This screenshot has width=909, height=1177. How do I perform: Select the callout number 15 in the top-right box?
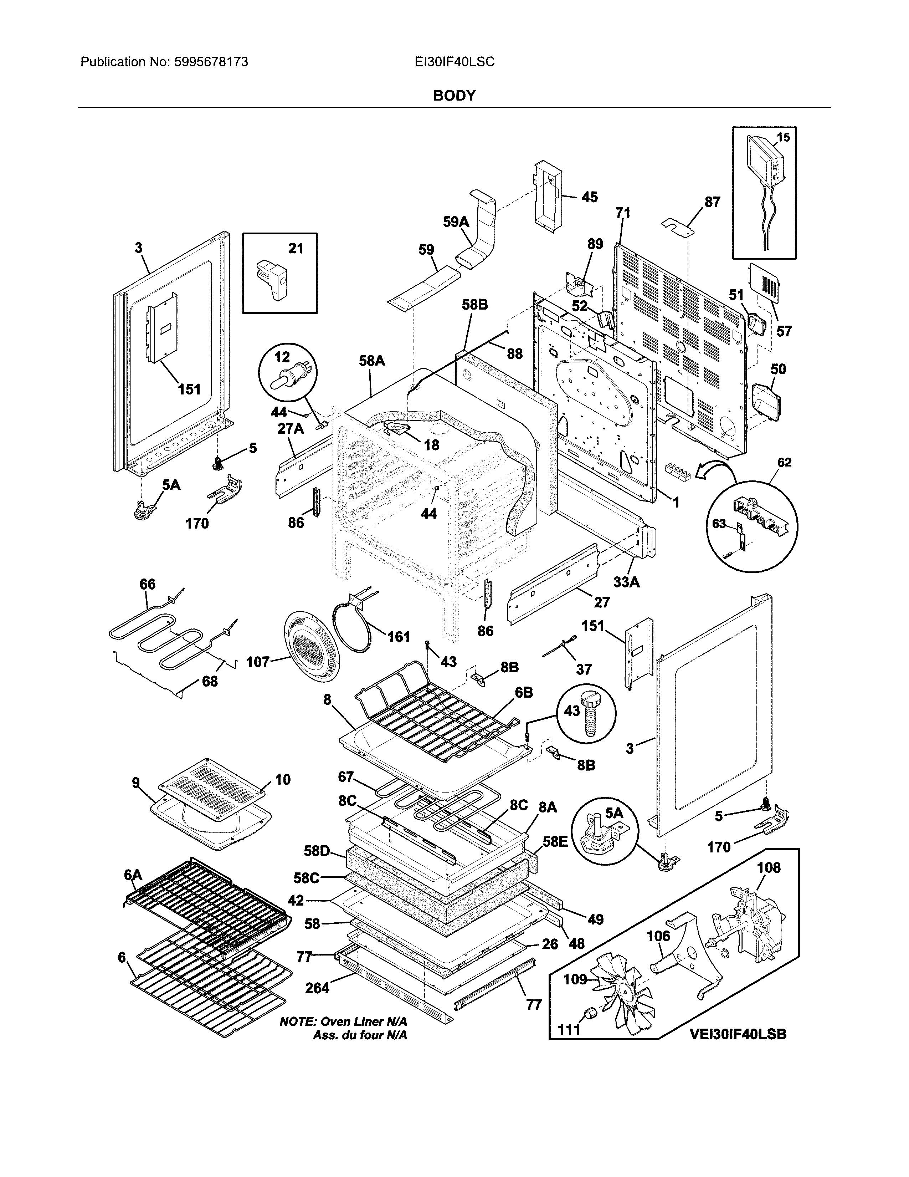point(783,137)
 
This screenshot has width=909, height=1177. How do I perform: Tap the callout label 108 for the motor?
point(769,868)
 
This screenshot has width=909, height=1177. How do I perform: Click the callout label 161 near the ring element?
point(399,637)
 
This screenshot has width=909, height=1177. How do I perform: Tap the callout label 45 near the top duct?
point(589,197)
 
